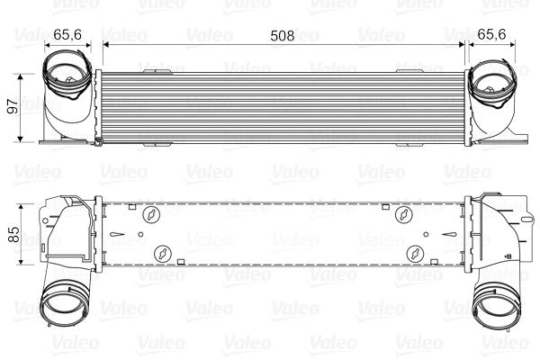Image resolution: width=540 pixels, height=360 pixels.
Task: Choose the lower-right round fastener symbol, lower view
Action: coord(415,253)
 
